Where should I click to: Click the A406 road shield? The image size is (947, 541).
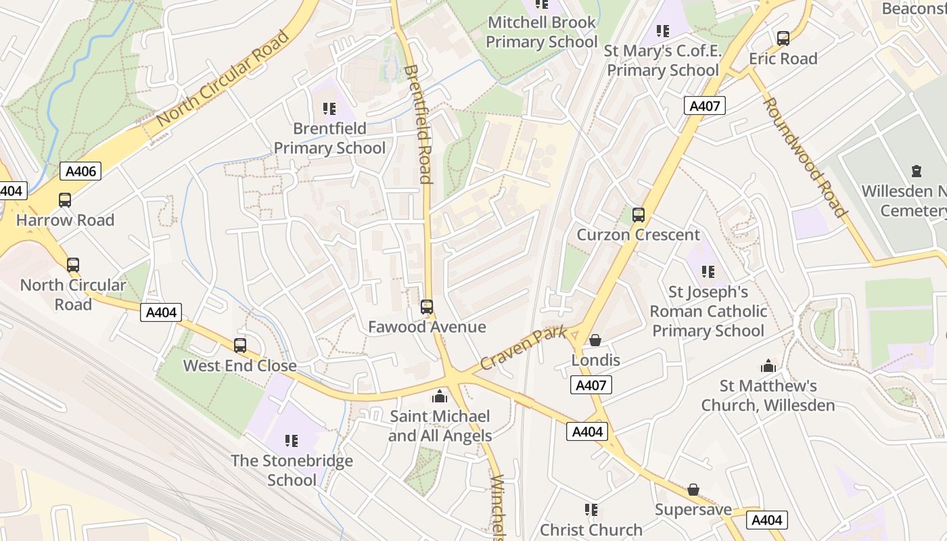80,171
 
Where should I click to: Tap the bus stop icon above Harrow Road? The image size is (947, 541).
65,200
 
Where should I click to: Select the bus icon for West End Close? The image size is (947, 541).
240,346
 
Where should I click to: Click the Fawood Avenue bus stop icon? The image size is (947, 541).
427,307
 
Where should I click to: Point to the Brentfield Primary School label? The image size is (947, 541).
329,138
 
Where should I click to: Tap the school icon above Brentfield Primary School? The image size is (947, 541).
329,109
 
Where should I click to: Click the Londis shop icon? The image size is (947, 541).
595,340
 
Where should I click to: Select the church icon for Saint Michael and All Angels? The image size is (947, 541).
440,396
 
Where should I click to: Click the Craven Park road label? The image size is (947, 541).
522,349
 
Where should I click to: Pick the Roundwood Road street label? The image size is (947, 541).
805,157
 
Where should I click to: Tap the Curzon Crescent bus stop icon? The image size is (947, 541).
638,215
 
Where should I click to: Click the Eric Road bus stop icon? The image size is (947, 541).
783,39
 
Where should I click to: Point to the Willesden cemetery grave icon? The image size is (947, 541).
917,171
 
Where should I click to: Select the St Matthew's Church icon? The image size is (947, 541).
768,367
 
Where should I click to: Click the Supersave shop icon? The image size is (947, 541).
693,490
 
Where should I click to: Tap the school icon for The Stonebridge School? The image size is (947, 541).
292,441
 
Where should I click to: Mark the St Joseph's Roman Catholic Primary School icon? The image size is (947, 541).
708,272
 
